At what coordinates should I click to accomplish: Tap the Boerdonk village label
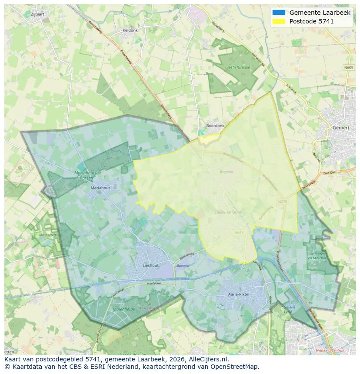215,126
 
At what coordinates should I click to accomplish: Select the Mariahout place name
101,188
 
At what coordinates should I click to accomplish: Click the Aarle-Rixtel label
239,294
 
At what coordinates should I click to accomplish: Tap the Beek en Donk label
229,212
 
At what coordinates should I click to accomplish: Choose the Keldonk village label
130,30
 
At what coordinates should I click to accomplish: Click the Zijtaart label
38,14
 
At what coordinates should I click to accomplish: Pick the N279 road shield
283,202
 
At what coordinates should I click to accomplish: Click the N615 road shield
239,233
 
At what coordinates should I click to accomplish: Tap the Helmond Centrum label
332,350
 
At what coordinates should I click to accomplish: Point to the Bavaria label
183,265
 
